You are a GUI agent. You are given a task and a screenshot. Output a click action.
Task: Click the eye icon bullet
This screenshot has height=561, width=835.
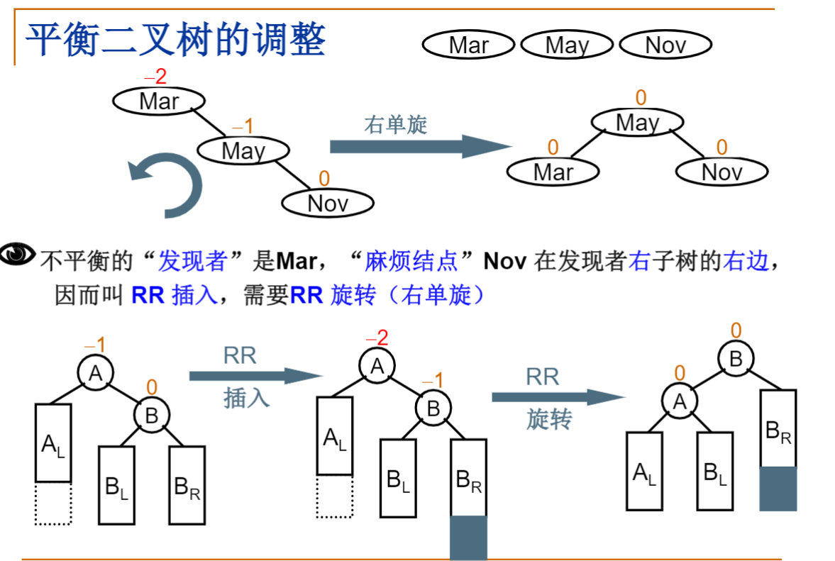pos(18,254)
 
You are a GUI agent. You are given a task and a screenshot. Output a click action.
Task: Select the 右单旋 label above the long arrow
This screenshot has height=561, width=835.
pos(396,125)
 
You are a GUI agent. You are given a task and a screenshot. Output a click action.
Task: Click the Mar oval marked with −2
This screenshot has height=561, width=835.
pos(159,101)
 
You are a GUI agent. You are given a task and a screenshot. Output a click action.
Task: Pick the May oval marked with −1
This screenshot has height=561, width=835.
pos(243,150)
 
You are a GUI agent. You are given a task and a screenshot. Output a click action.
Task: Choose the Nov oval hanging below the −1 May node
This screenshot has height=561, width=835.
pos(328,204)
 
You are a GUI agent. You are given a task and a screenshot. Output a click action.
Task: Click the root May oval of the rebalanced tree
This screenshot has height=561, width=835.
pos(638,123)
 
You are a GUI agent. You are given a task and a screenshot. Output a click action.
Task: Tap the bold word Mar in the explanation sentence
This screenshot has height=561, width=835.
pos(296,262)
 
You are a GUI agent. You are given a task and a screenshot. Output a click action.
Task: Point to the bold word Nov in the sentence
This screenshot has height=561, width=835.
pos(504,262)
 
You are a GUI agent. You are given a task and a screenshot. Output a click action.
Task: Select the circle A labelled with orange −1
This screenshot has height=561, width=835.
pos(96,372)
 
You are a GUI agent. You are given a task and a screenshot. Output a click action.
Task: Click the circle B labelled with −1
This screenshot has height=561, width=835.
pos(433,408)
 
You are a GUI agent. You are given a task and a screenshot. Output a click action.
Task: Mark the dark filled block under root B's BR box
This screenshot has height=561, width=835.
pos(778,488)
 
